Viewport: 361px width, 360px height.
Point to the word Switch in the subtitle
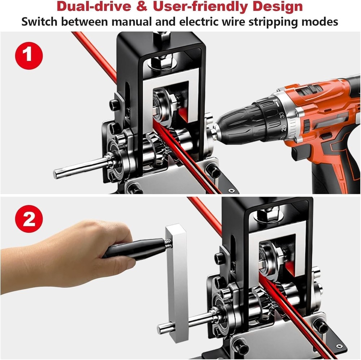click(x=39, y=22)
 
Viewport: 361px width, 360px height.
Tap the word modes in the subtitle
click(x=320, y=22)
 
